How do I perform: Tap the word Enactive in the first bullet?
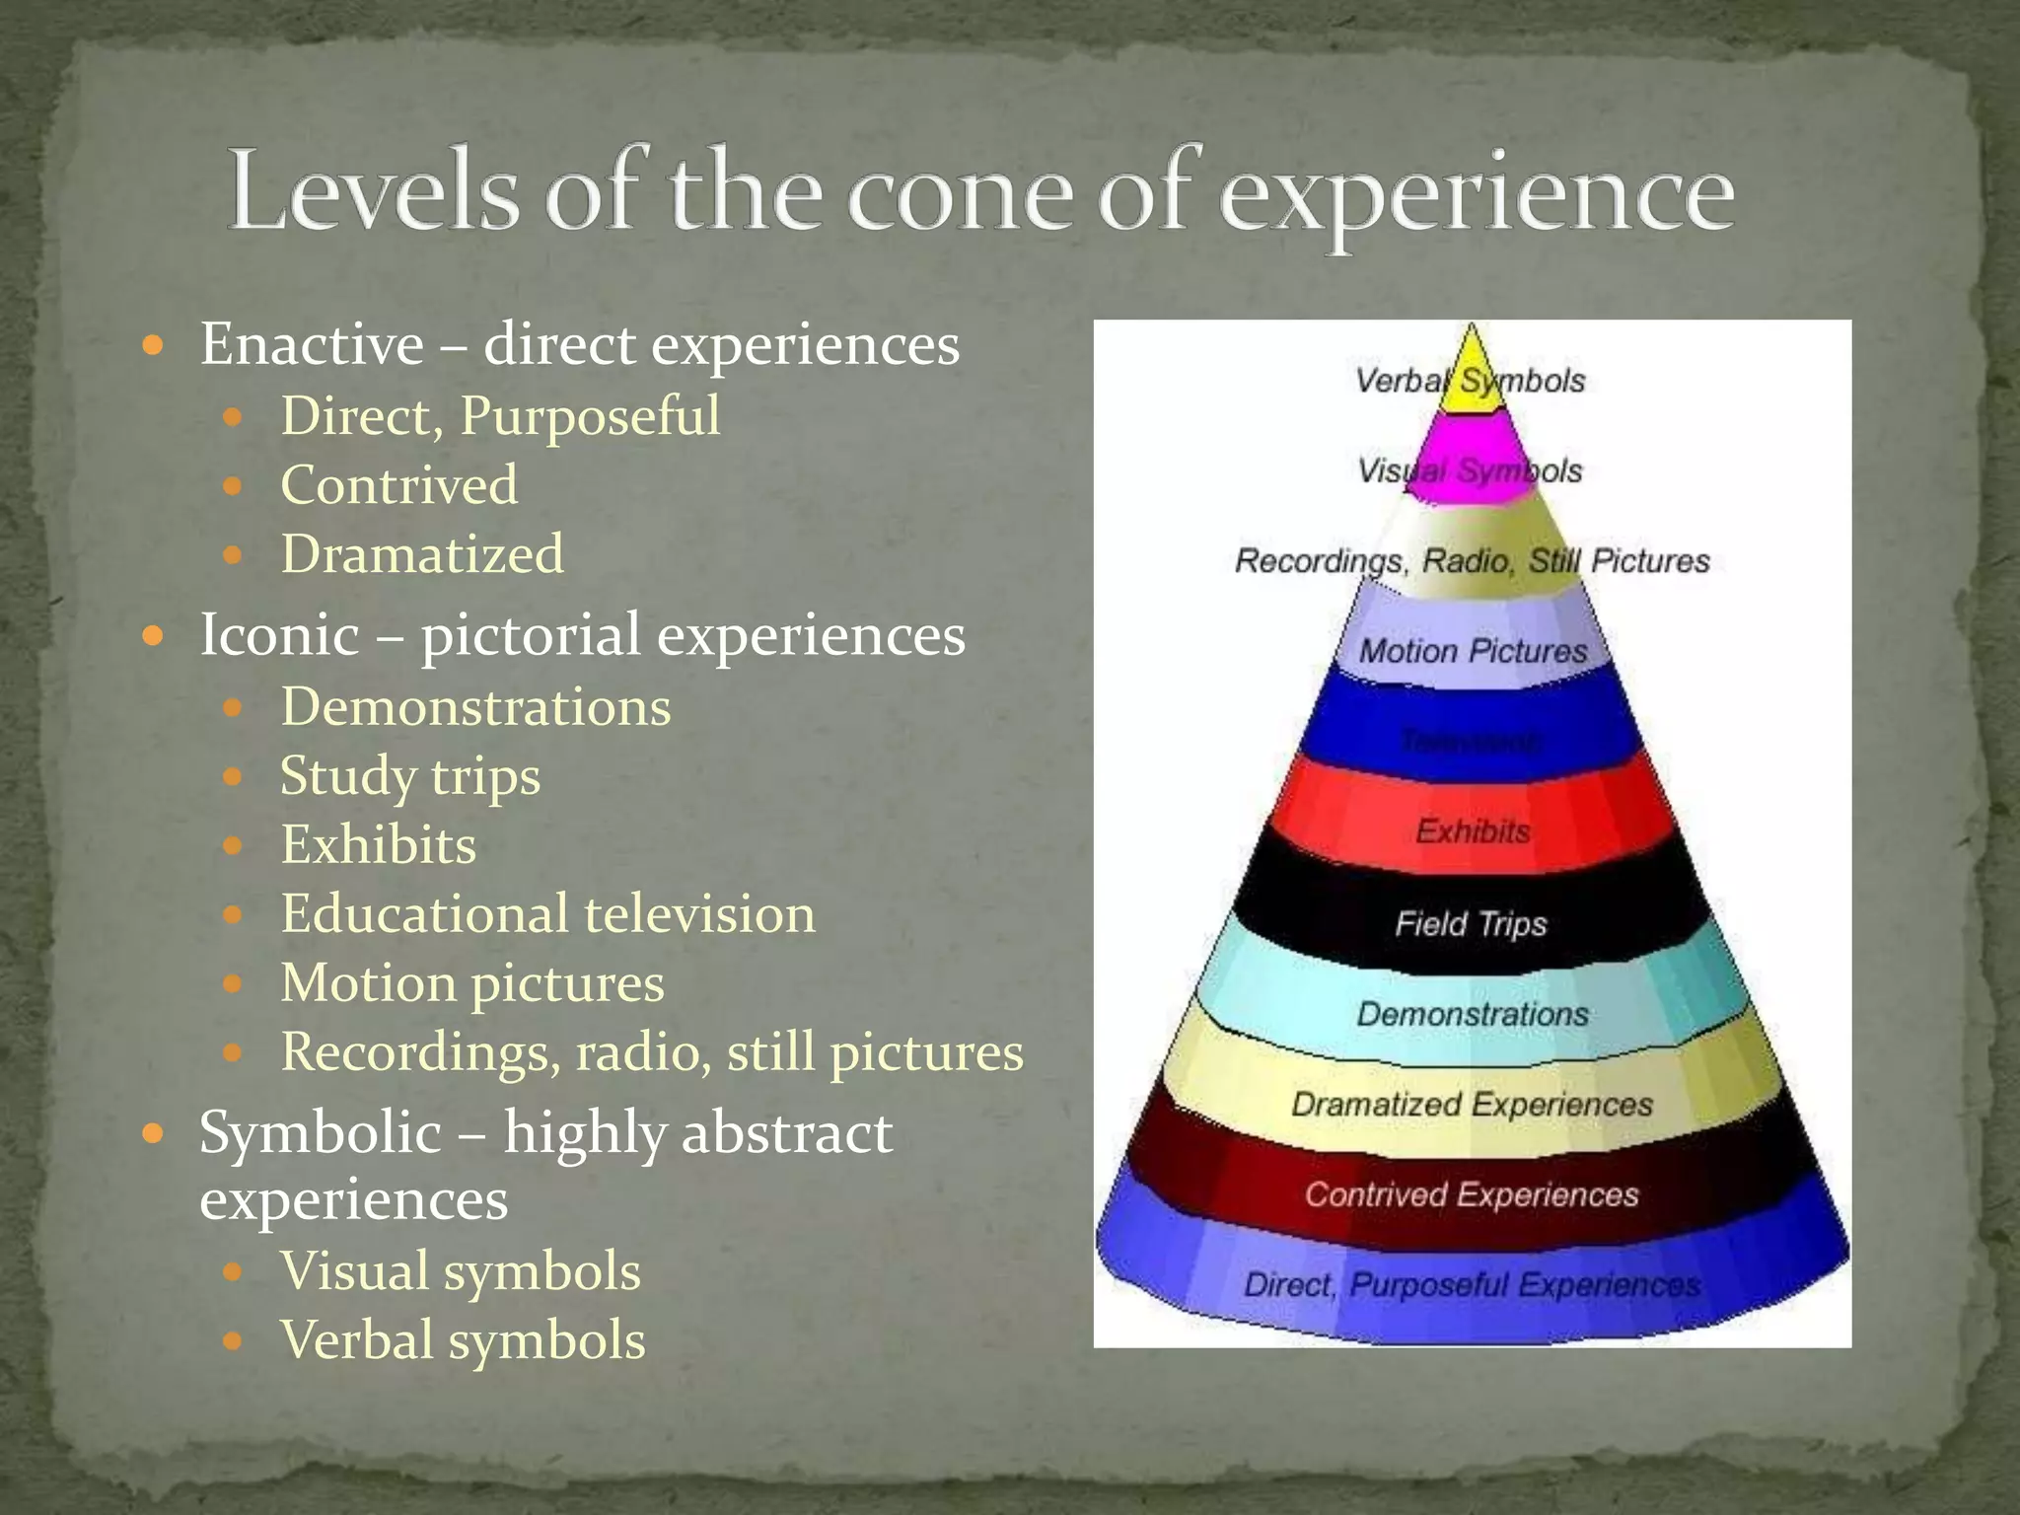[x=312, y=345]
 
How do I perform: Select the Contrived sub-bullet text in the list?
[x=398, y=485]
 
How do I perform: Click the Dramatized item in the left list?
[x=422, y=554]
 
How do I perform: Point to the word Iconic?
[x=279, y=634]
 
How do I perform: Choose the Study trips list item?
[x=410, y=776]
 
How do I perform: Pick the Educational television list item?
[x=547, y=914]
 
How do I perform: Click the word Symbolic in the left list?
[x=320, y=1132]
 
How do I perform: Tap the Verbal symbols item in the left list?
[x=463, y=1340]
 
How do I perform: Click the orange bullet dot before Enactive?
[x=152, y=346]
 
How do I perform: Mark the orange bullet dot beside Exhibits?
[x=233, y=846]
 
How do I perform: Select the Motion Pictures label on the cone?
[x=1473, y=651]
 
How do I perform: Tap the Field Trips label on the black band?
[x=1471, y=924]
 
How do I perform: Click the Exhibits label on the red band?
[x=1473, y=831]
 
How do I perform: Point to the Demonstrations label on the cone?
[x=1473, y=1014]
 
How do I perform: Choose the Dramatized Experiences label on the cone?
[x=1472, y=1105]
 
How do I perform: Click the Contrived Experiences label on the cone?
[x=1471, y=1195]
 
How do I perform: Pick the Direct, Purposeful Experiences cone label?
[x=1472, y=1285]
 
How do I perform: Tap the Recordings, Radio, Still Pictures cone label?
[x=1472, y=561]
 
